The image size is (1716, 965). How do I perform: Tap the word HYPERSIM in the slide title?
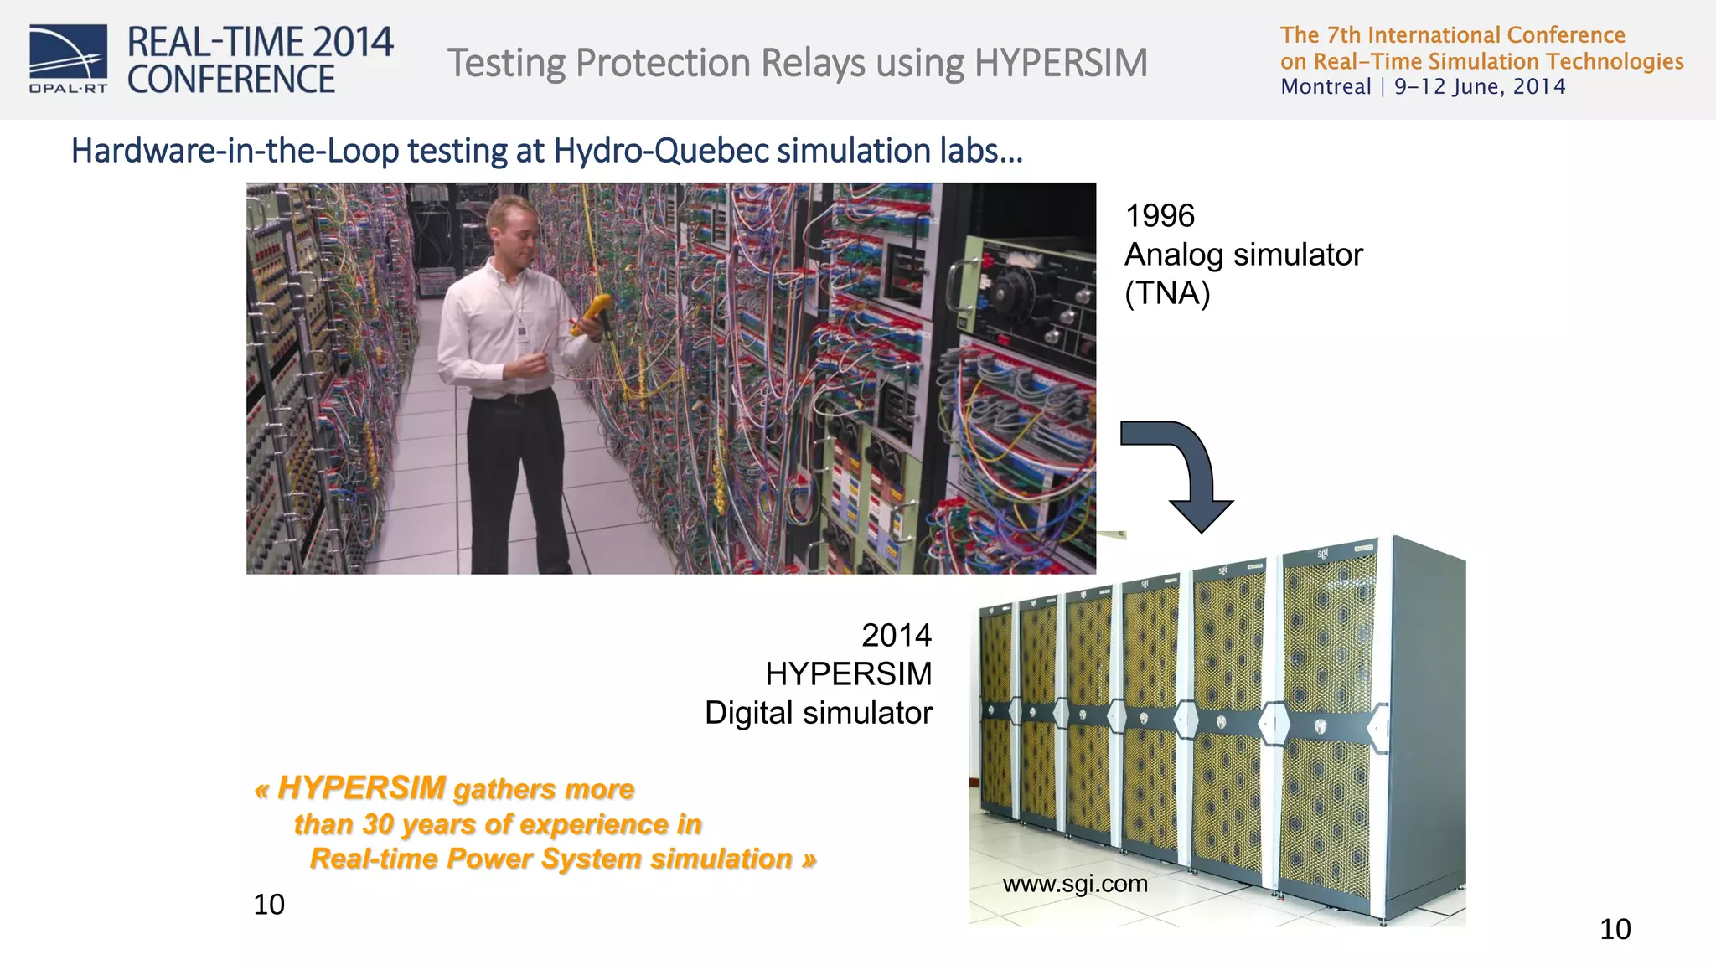click(x=1061, y=63)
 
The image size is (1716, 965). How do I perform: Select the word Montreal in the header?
click(x=1326, y=87)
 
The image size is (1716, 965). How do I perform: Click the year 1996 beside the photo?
click(x=1160, y=216)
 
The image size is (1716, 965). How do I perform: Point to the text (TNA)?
click(x=1167, y=294)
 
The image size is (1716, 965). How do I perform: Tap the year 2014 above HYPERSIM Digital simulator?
click(x=896, y=636)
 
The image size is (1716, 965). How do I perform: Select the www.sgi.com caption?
click(x=1075, y=884)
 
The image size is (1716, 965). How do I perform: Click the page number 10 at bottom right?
click(x=1615, y=929)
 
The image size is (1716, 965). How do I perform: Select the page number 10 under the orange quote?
click(x=269, y=905)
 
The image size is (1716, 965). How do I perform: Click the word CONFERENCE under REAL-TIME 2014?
click(x=231, y=80)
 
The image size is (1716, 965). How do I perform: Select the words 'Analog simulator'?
click(x=1243, y=255)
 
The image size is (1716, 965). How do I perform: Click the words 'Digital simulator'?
click(x=818, y=713)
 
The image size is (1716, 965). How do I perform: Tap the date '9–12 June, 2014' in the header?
click(x=1480, y=87)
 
